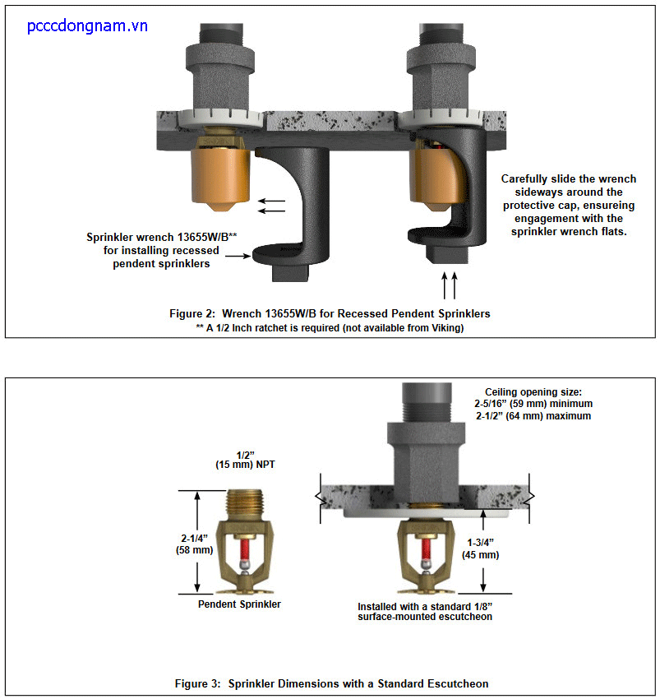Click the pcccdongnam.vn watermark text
click(87, 26)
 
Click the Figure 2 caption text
click(330, 313)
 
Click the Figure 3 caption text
click(331, 683)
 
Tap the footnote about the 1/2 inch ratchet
click(330, 327)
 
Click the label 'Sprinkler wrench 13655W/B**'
click(162, 237)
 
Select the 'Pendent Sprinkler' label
click(239, 604)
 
